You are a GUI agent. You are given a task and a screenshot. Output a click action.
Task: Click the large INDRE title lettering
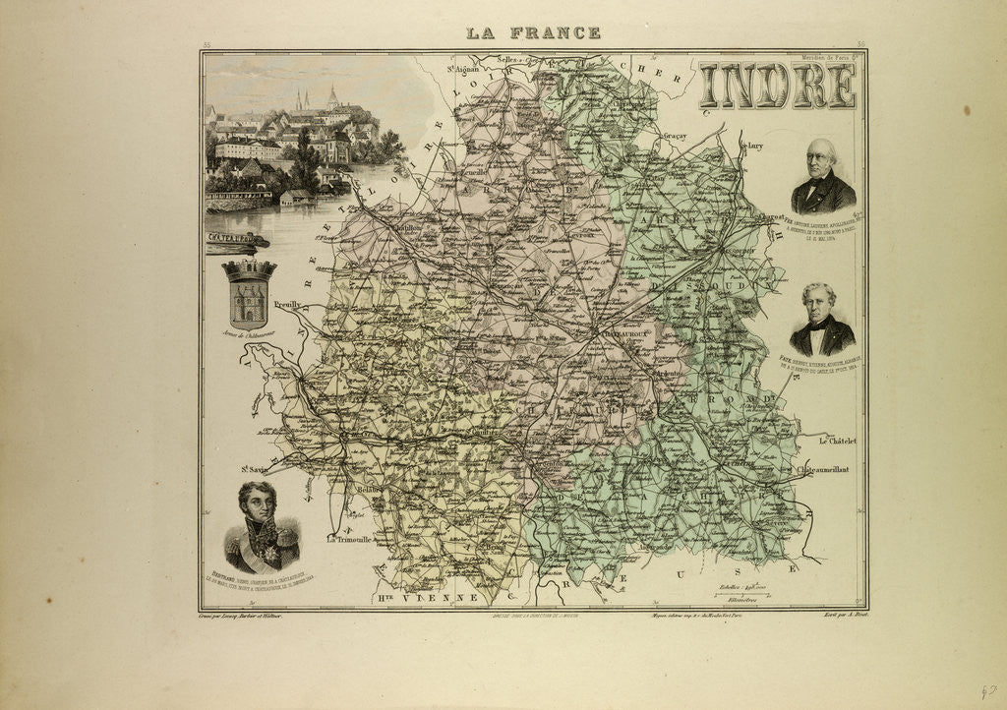click(777, 87)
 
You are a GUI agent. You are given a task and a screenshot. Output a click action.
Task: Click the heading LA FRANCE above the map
click(534, 32)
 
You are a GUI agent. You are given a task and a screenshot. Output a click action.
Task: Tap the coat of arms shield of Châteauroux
click(250, 294)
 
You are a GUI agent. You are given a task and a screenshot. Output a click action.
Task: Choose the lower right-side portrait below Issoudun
click(821, 321)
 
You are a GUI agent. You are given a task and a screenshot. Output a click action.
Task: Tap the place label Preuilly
click(287, 305)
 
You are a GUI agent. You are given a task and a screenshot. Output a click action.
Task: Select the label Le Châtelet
click(837, 442)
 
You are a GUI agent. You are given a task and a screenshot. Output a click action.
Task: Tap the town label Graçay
click(674, 137)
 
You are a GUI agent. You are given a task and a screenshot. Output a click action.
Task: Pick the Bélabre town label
click(370, 489)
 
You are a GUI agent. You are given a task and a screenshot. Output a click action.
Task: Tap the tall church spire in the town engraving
click(332, 95)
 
